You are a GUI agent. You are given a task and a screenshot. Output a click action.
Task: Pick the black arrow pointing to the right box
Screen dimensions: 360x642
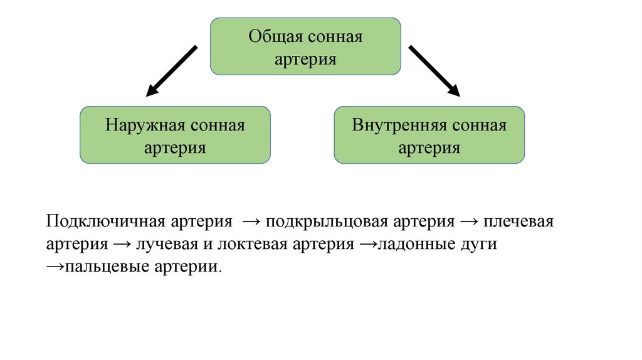[x=434, y=71]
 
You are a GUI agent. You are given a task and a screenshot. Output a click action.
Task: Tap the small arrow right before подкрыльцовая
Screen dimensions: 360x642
[x=250, y=223]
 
